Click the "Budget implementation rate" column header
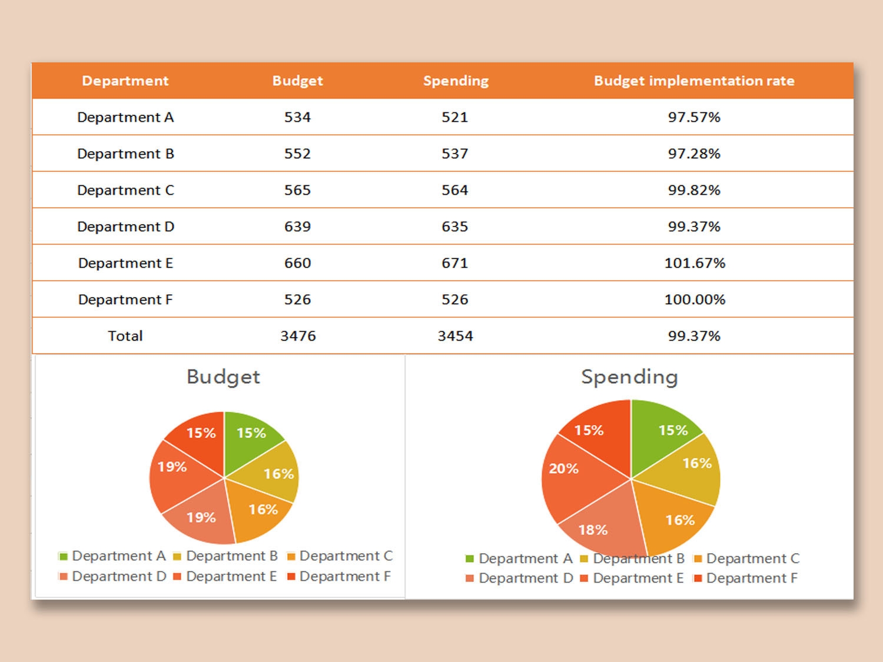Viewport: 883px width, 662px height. tap(694, 81)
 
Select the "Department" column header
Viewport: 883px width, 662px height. tap(125, 81)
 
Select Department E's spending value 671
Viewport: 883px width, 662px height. tap(455, 263)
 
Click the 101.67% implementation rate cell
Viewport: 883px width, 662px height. tap(695, 263)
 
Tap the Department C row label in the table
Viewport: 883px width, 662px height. tap(125, 190)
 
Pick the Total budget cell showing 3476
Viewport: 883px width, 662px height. tap(298, 336)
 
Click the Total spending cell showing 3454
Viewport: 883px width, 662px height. tap(455, 336)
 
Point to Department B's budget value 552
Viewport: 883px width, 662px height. tap(297, 154)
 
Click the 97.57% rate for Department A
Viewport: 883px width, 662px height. tap(694, 117)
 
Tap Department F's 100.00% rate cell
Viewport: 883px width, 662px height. tap(695, 300)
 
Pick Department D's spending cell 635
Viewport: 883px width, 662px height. tap(455, 227)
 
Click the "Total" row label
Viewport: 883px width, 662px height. tap(125, 336)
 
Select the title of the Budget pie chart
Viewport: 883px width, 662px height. tap(223, 377)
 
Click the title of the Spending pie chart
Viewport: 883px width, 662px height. tap(629, 377)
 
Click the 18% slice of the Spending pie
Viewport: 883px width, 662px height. tap(600, 524)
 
